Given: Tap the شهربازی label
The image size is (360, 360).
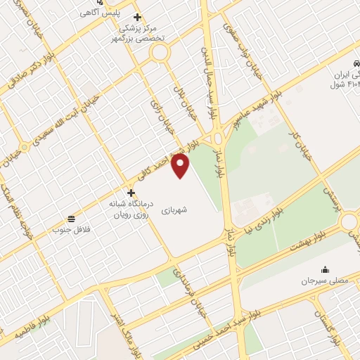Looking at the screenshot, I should pyautogui.click(x=174, y=210).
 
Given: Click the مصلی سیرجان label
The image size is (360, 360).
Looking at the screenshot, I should pyautogui.click(x=325, y=281).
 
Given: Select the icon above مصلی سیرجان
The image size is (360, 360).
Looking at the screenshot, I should pyautogui.click(x=325, y=269).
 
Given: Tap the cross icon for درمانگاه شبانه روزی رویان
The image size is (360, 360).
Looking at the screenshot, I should pyautogui.click(x=131, y=192).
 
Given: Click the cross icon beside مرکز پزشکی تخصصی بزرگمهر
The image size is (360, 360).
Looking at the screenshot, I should pyautogui.click(x=137, y=17).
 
